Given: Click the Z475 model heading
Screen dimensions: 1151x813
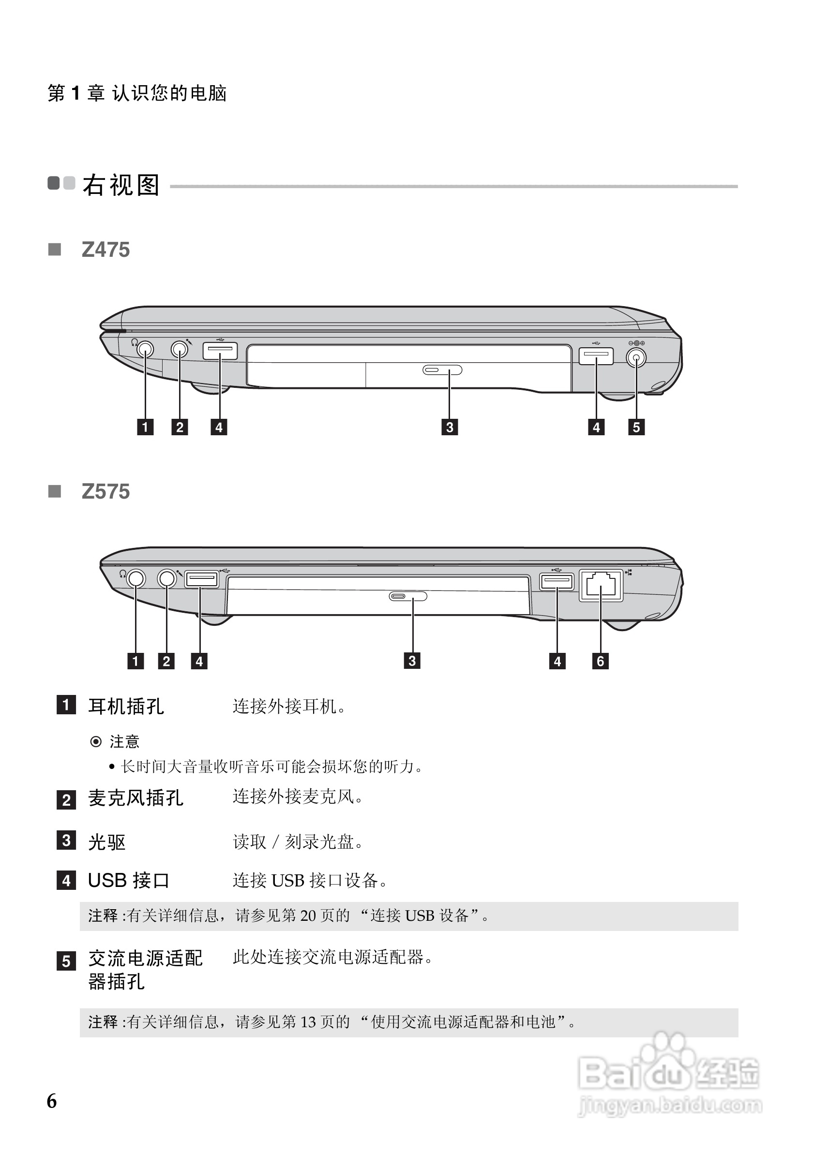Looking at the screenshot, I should coord(105,250).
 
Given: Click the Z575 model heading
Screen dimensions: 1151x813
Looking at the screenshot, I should coord(105,492).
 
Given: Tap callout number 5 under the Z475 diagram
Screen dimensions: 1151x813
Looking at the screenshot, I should coord(636,427).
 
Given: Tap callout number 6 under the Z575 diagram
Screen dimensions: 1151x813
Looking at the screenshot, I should coord(601,661).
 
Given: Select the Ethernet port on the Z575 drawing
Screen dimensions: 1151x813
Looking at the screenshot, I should coord(601,585).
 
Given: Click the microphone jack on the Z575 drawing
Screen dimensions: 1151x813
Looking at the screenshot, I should coord(166,578).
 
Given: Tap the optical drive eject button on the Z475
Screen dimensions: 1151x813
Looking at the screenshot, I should coord(442,370).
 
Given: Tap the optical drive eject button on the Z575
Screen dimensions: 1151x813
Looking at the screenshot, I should coord(408,596).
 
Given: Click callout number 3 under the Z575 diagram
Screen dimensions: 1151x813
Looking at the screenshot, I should coord(412,661).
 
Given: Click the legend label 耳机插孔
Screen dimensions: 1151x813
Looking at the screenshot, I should coord(126,707).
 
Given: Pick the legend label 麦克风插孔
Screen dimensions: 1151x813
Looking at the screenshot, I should coord(135,798).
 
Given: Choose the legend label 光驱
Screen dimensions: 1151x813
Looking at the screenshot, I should coord(106,842).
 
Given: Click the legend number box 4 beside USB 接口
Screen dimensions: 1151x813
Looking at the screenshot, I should coord(66,880).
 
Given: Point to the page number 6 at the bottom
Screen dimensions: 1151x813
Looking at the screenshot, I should coord(52,1101).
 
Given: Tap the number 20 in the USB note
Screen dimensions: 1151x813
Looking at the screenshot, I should coord(307,916).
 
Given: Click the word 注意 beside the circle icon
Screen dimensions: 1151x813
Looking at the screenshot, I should coord(124,741).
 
